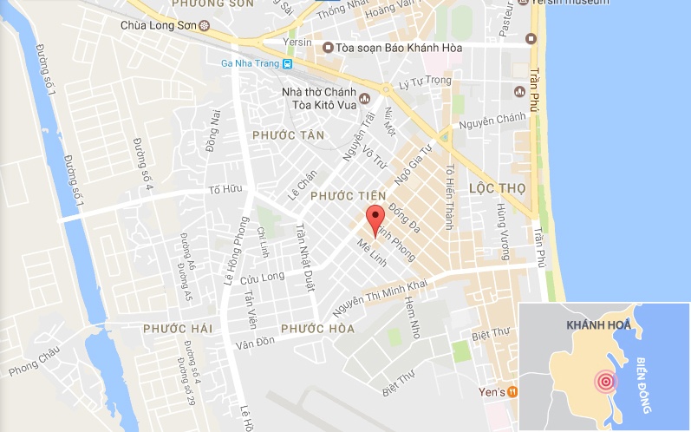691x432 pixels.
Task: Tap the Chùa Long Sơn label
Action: click(x=158, y=25)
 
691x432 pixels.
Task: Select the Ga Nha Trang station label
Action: click(x=251, y=63)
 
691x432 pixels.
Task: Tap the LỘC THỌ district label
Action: click(x=499, y=187)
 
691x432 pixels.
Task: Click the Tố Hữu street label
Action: click(x=223, y=190)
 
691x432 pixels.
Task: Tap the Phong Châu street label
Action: click(x=31, y=363)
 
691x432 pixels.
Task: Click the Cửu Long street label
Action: click(x=262, y=278)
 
